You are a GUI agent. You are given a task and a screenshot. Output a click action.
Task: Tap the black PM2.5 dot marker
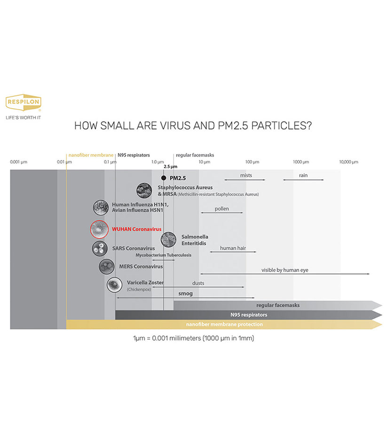(x=164, y=178)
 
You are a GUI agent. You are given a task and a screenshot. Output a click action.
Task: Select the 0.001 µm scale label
(x=19, y=162)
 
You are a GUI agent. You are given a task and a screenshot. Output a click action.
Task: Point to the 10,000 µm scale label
(x=348, y=162)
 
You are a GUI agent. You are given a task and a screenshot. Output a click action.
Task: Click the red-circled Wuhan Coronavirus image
(x=99, y=229)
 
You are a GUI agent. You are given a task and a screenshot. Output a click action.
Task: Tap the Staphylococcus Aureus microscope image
(x=143, y=190)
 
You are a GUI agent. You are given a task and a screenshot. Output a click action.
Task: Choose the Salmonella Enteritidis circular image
(x=168, y=239)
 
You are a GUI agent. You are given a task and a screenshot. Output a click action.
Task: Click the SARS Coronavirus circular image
(x=100, y=248)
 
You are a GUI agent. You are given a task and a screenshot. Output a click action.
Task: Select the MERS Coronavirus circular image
(x=106, y=267)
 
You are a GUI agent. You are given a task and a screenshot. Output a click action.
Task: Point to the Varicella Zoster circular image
(x=114, y=285)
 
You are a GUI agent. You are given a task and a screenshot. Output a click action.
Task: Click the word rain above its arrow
(x=303, y=175)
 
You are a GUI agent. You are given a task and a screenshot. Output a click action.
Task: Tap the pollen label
(x=221, y=208)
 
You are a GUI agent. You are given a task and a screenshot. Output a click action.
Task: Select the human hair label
(x=233, y=248)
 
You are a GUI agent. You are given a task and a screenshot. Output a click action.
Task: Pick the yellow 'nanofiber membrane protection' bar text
(x=224, y=324)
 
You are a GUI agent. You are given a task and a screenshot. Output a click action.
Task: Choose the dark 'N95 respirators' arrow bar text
(x=249, y=315)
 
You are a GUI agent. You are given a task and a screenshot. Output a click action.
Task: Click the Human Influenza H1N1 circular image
(x=101, y=207)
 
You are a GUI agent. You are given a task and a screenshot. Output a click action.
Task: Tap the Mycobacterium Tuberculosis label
(x=164, y=255)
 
